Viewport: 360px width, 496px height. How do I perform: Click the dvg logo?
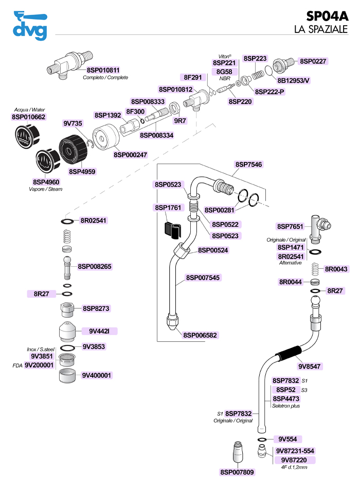[30, 26]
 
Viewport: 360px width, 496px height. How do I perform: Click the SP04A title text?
[327, 16]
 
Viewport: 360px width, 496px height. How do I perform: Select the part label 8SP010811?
[103, 70]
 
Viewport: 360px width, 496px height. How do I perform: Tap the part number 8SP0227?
[313, 61]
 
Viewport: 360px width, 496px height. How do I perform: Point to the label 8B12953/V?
[293, 80]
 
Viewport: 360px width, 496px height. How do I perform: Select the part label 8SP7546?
[248, 164]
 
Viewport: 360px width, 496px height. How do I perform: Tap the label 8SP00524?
[213, 250]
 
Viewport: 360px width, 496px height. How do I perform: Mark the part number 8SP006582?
[200, 335]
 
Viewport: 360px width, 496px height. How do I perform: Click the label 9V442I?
[99, 331]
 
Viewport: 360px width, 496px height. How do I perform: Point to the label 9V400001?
[97, 376]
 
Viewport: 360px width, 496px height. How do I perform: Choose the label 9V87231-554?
[295, 451]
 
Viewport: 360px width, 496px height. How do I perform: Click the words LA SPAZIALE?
[321, 29]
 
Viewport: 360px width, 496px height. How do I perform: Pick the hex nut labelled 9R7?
[174, 108]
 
